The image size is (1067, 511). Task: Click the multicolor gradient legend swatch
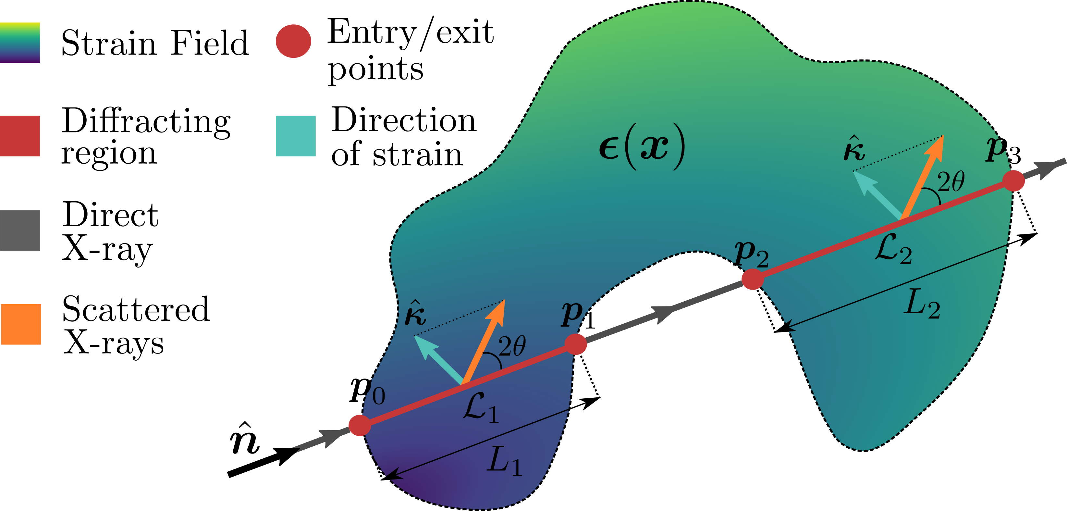point(20,43)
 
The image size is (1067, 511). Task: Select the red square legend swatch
point(20,136)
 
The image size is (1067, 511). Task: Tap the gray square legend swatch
point(20,231)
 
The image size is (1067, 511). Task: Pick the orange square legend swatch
point(21,324)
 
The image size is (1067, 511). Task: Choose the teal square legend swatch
point(296,136)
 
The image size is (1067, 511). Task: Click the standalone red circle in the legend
point(293,41)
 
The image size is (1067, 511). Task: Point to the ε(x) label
point(642,147)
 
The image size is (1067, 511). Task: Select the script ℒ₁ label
point(481,408)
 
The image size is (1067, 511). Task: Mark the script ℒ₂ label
point(893,249)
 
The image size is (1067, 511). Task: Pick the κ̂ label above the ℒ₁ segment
point(415,314)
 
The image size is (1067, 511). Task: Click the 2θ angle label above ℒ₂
point(950,181)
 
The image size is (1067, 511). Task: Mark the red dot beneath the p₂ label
point(752,279)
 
